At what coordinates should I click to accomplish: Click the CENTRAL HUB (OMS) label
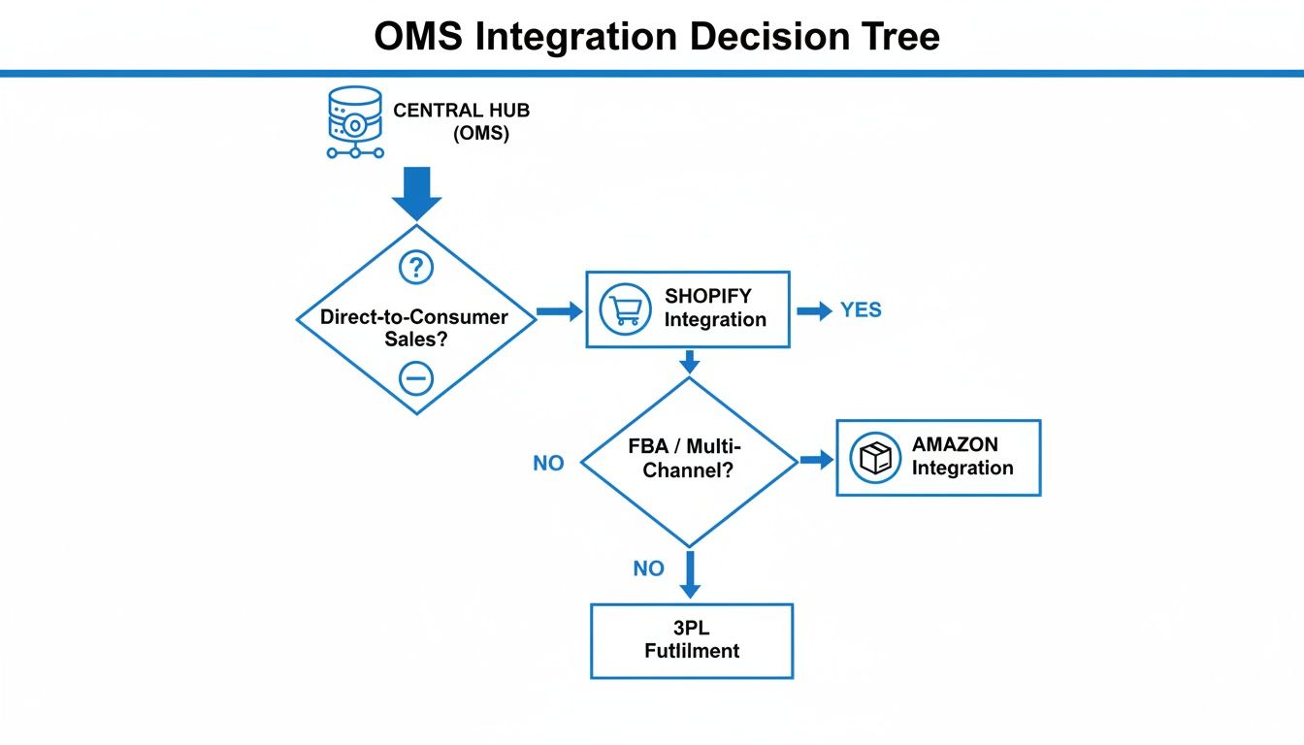coord(461,122)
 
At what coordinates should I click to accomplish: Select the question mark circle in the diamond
coord(416,267)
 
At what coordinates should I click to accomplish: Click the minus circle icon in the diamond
coord(416,378)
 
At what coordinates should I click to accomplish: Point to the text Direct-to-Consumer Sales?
coord(415,327)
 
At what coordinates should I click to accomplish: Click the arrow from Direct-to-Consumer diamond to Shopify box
coord(559,310)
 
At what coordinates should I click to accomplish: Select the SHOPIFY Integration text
coord(715,308)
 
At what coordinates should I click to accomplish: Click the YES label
coord(861,310)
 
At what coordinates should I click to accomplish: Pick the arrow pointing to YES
coord(814,310)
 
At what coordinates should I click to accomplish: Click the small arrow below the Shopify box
coord(689,363)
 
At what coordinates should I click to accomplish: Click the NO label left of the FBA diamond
coord(548,464)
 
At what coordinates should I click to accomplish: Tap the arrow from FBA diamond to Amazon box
coord(816,460)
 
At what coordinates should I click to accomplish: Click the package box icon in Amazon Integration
coord(874,458)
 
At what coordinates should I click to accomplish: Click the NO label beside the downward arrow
coord(648,568)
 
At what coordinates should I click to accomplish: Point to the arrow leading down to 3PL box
coord(690,574)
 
